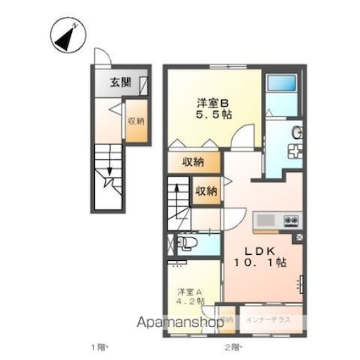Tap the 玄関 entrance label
[120, 82]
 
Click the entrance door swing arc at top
[101, 55]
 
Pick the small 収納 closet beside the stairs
[206, 191]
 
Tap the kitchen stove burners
[291, 221]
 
